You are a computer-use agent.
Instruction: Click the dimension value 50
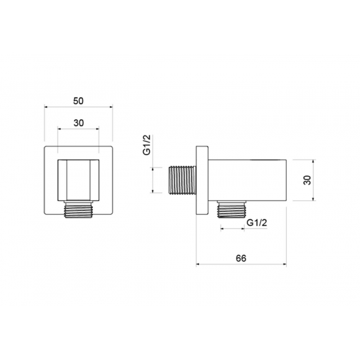click(79, 101)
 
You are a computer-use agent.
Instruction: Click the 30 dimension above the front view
click(79, 123)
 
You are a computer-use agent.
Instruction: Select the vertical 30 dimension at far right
click(307, 180)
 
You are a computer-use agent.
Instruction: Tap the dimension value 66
click(241, 259)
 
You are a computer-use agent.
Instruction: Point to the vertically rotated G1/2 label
click(147, 145)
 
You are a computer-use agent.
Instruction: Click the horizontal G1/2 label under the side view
click(257, 223)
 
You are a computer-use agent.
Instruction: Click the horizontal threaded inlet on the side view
click(182, 180)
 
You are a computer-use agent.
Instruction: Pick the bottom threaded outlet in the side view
click(232, 209)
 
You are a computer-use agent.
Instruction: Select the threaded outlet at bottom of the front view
click(79, 209)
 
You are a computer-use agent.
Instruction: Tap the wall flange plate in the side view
click(202, 180)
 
